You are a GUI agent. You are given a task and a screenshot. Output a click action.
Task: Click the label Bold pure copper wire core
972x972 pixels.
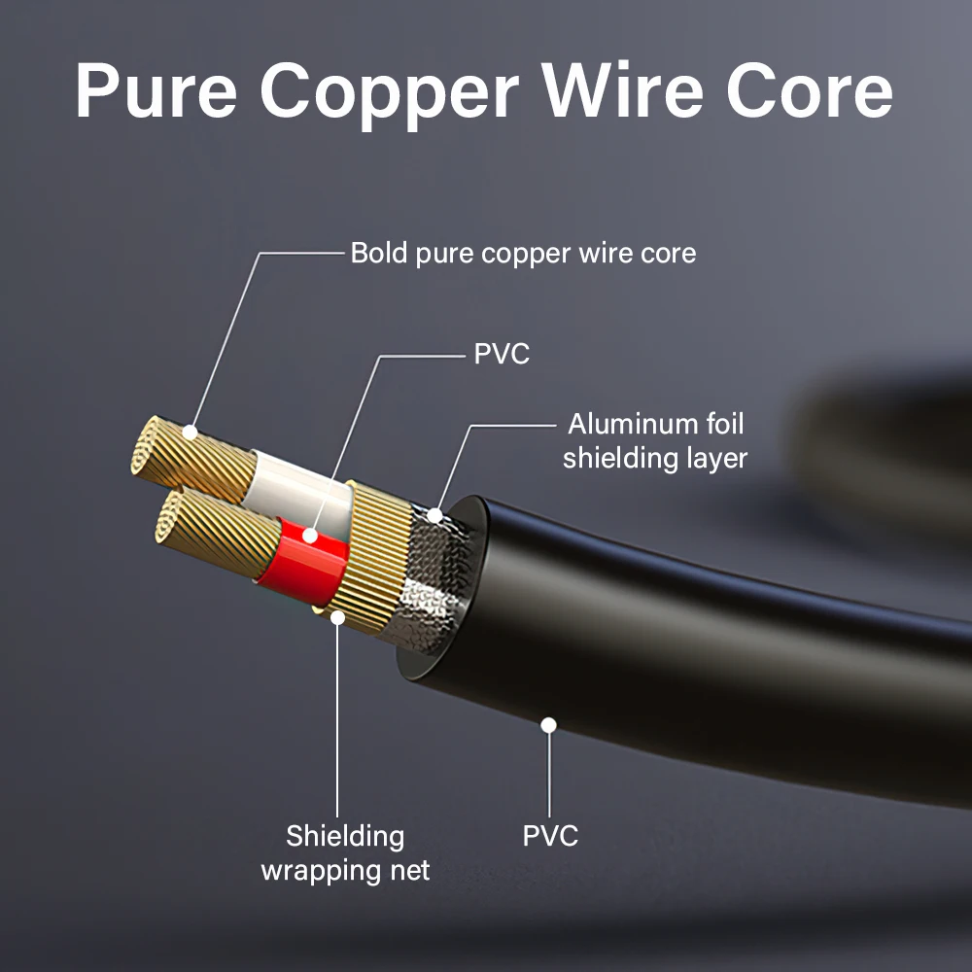[523, 254]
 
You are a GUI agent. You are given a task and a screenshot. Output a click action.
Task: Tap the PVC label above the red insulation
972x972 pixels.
[502, 354]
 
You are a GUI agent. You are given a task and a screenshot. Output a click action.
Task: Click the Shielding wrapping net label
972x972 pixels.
[344, 852]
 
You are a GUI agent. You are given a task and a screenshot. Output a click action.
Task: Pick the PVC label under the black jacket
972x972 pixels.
[550, 835]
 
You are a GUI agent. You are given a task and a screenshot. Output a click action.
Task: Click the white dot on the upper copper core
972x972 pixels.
[191, 431]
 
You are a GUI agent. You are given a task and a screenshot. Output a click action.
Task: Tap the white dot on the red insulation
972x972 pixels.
[310, 535]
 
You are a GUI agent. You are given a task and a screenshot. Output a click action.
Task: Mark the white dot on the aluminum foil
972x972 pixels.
[435, 514]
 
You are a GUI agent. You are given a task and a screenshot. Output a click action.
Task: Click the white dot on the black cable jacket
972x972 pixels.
[549, 724]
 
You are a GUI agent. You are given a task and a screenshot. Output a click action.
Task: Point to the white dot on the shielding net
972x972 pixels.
[337, 615]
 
